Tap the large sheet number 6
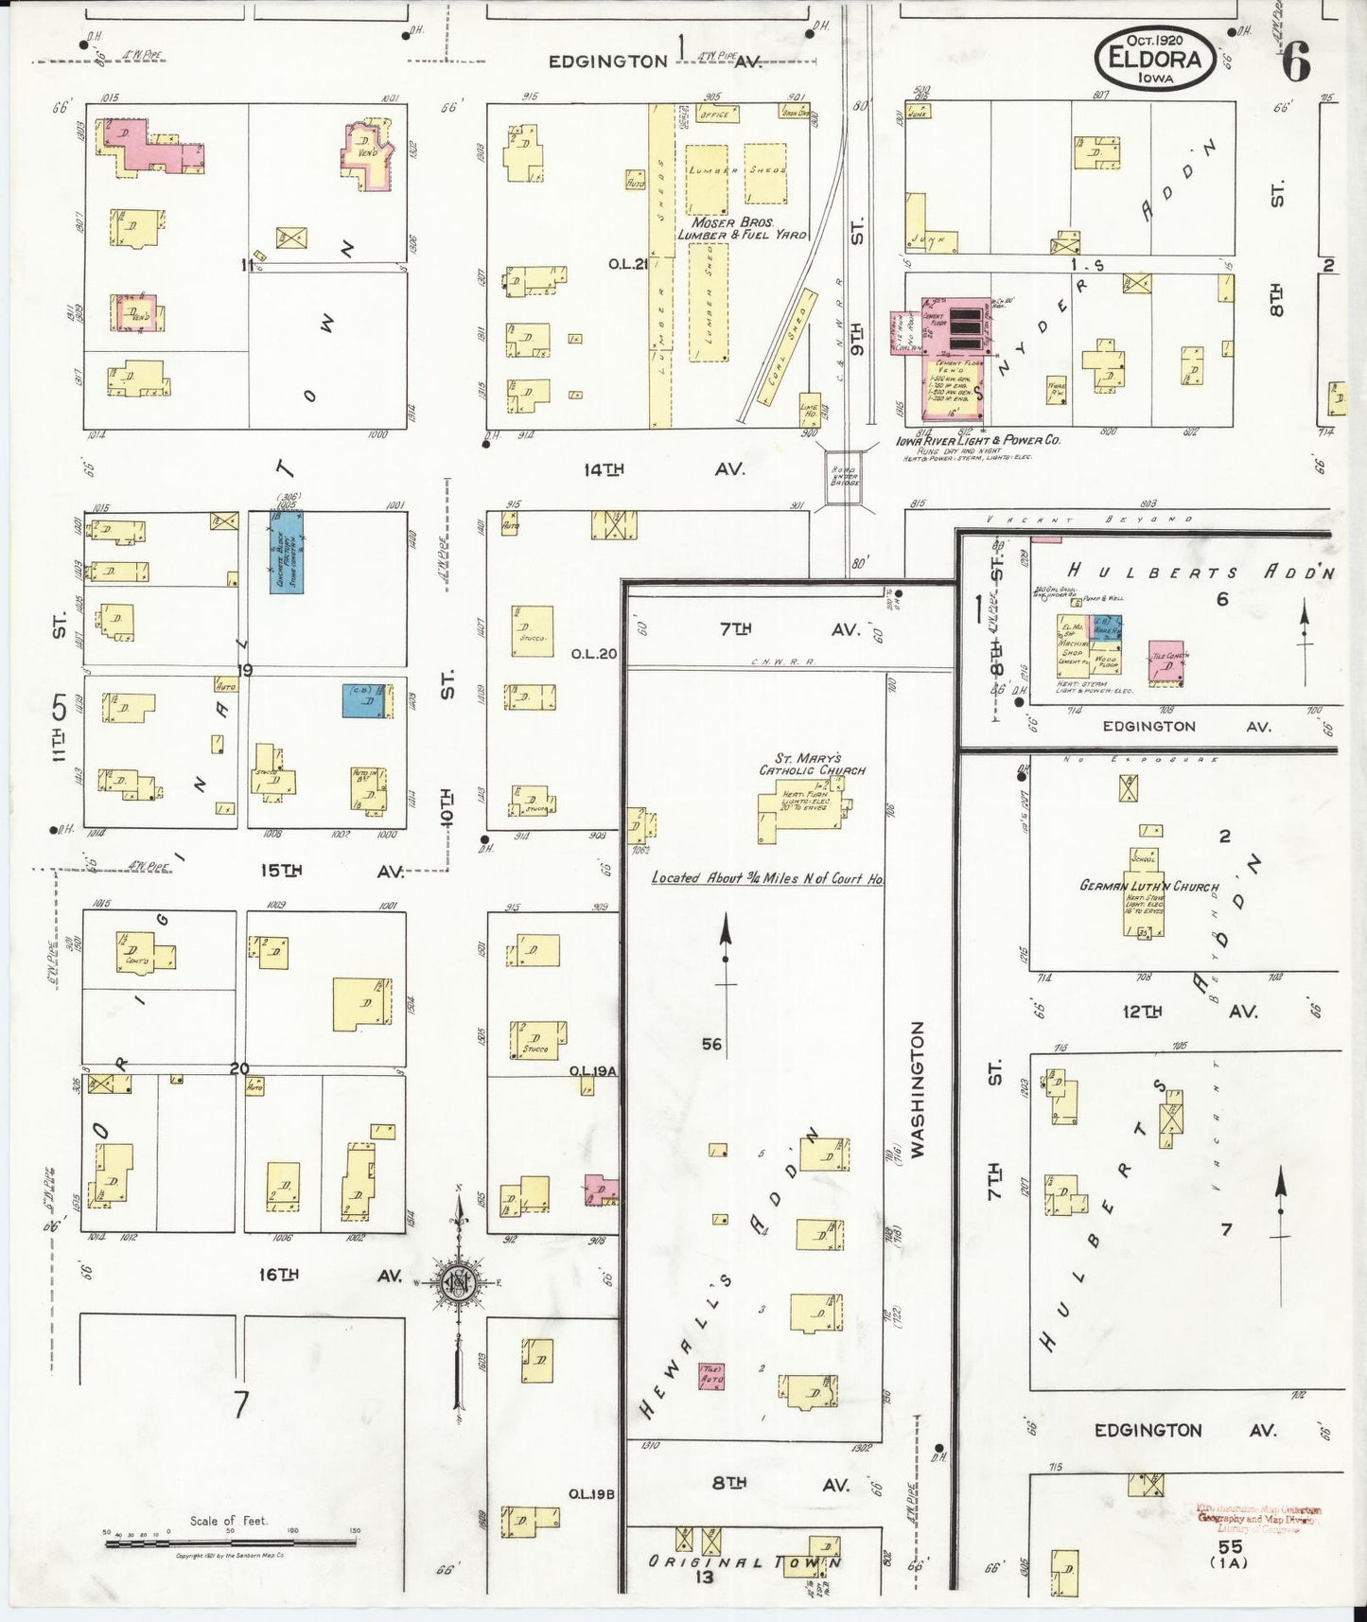point(1296,62)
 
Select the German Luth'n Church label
point(1148,887)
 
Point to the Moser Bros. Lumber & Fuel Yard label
point(742,228)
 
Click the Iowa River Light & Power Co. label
point(978,440)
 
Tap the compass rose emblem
point(458,1282)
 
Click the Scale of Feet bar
point(230,1543)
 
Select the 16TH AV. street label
point(331,1275)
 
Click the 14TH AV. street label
point(662,468)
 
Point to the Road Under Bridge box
point(845,476)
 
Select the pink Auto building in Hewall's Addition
point(710,1376)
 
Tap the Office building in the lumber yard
point(715,115)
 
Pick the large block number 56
point(711,1044)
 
